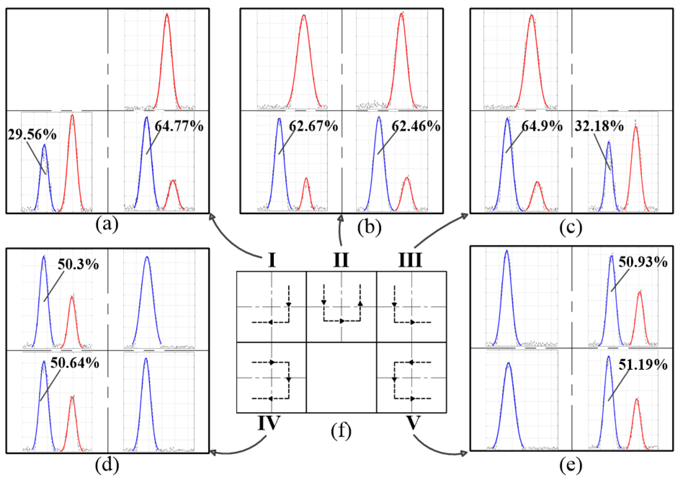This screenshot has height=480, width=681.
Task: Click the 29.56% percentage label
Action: pyautogui.click(x=32, y=135)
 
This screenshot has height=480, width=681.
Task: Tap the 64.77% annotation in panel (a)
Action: pyautogui.click(x=179, y=126)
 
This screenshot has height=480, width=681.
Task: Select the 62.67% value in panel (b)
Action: pyautogui.click(x=313, y=126)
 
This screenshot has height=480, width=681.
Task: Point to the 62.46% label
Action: pyautogui.click(x=416, y=126)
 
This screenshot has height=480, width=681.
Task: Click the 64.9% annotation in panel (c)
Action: pyautogui.click(x=542, y=126)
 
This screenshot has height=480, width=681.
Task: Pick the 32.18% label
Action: pyautogui.click(x=599, y=126)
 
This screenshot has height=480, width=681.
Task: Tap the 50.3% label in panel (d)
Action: pyautogui.click(x=78, y=265)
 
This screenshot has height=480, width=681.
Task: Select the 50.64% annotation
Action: pyautogui.click(x=75, y=363)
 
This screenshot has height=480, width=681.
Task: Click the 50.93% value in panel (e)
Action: pyautogui.click(x=643, y=262)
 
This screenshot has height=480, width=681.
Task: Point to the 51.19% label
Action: pyautogui.click(x=643, y=365)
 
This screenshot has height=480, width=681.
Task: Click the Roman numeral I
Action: pyautogui.click(x=272, y=260)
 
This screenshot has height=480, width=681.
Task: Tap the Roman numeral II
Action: pyautogui.click(x=341, y=260)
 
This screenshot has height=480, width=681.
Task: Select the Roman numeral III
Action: pyautogui.click(x=410, y=260)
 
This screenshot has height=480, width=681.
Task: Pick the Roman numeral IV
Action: pyautogui.click(x=269, y=423)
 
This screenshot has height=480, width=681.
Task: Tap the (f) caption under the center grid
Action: pyautogui.click(x=341, y=431)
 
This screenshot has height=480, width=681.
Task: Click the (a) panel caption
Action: pyautogui.click(x=107, y=225)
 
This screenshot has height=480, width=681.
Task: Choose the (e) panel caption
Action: pyautogui.click(x=571, y=465)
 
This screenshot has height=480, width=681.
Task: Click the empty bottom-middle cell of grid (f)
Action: pyautogui.click(x=341, y=377)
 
